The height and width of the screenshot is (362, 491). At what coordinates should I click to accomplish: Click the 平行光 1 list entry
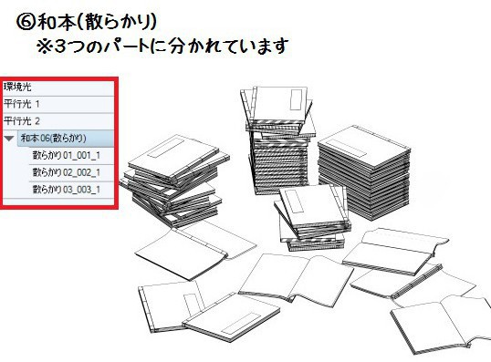[22, 103]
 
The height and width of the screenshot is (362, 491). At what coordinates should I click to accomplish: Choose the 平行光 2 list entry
[22, 120]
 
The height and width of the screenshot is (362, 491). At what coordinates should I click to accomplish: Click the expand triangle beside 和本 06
[9, 139]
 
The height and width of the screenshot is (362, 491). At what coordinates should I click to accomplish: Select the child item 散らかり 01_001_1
[66, 155]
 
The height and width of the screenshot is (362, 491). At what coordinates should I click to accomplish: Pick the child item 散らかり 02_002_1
[66, 172]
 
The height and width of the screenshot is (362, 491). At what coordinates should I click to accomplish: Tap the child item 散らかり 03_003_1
[66, 190]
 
